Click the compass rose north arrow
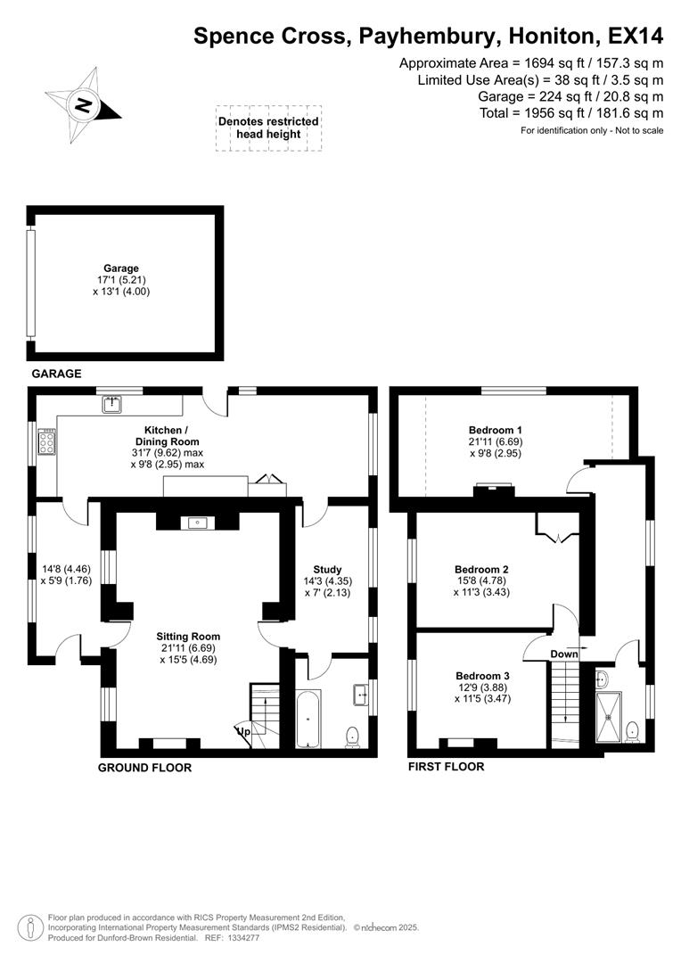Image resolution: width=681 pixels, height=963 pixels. (x=83, y=105)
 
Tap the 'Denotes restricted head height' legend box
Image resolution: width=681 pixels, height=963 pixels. (x=268, y=128)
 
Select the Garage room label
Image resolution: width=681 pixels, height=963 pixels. (x=121, y=267)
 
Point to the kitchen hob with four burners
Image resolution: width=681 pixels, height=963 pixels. (x=46, y=442)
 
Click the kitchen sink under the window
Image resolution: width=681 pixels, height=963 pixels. (x=112, y=405)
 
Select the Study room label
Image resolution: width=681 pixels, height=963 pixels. (x=328, y=569)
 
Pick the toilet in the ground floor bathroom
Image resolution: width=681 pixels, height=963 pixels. (x=352, y=735)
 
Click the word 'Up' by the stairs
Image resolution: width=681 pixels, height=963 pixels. (x=242, y=731)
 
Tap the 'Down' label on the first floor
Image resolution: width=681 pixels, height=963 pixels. (x=563, y=654)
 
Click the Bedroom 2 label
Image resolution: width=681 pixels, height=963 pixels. (x=481, y=569)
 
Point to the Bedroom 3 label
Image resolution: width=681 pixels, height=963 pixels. (x=481, y=675)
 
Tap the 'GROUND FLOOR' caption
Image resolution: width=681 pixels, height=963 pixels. (x=144, y=767)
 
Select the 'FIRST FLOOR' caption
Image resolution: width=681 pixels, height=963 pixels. (x=446, y=766)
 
